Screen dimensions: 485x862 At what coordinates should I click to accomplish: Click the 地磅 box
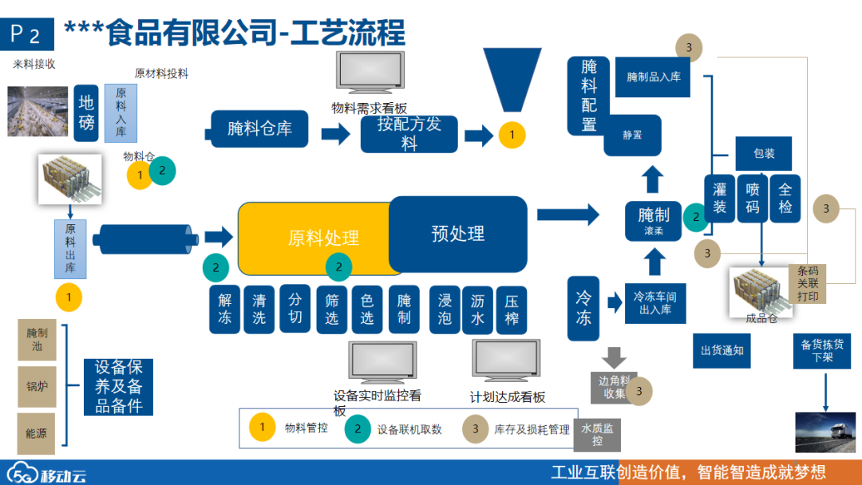point(86,112)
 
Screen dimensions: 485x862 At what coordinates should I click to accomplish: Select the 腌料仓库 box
point(259,128)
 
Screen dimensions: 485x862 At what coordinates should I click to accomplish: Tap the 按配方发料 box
point(409,134)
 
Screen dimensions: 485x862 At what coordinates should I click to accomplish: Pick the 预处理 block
point(458,234)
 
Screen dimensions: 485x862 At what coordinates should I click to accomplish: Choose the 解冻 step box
point(224,309)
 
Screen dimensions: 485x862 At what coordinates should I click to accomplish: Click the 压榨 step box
point(512,309)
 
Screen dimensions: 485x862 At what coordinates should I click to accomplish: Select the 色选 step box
point(367,309)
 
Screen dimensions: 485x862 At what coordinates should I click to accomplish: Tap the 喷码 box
point(753,198)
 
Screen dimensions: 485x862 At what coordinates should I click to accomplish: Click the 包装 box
point(764,153)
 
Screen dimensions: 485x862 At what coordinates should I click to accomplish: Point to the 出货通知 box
point(722,351)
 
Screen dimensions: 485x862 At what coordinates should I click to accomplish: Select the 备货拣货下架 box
point(822,351)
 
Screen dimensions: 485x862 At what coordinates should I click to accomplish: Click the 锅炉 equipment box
point(37,386)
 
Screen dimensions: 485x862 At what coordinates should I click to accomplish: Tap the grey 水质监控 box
point(597,435)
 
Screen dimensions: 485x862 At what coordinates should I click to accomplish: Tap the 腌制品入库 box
point(653,77)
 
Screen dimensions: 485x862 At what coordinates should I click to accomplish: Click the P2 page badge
point(26,34)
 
